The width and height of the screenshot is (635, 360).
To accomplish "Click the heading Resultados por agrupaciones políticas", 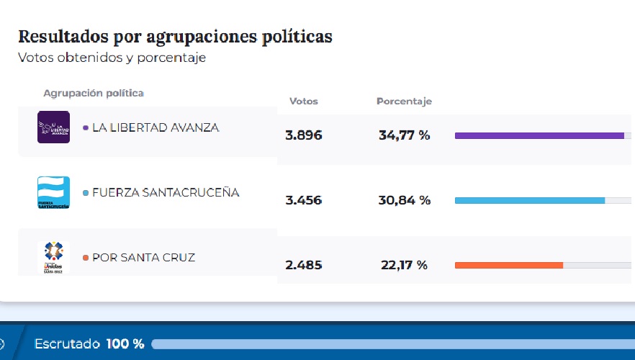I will point(175,37).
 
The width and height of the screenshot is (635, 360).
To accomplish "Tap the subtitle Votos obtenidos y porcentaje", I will point(112,58).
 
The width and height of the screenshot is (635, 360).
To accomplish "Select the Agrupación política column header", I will point(94,94).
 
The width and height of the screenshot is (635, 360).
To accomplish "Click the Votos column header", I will point(303,102).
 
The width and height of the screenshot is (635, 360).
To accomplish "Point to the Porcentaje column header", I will point(404,102).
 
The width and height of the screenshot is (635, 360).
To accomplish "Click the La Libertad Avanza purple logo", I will point(53,127).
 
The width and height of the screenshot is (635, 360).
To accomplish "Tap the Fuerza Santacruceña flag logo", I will point(53,192).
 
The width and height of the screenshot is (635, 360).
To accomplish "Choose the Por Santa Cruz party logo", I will point(53,257).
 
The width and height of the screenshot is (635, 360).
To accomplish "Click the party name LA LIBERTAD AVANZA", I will point(156,127).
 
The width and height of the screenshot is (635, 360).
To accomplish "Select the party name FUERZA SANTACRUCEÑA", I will point(166,192).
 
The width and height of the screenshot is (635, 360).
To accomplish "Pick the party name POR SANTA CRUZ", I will point(143,257).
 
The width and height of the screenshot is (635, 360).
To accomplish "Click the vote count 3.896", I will point(303,135).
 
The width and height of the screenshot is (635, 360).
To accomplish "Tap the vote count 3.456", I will point(303,200).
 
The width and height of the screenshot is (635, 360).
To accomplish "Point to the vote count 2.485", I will point(303,265).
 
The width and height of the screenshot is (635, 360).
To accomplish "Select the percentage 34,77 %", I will point(404,135).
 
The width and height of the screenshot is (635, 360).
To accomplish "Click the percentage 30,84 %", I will point(404,200).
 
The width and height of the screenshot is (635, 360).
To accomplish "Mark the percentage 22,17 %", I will point(404,265).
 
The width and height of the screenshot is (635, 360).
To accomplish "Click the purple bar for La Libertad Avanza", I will point(539,135).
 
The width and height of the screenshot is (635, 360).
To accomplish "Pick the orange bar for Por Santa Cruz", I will point(508,265).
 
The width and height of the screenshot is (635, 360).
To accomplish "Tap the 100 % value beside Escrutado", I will point(125,344).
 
